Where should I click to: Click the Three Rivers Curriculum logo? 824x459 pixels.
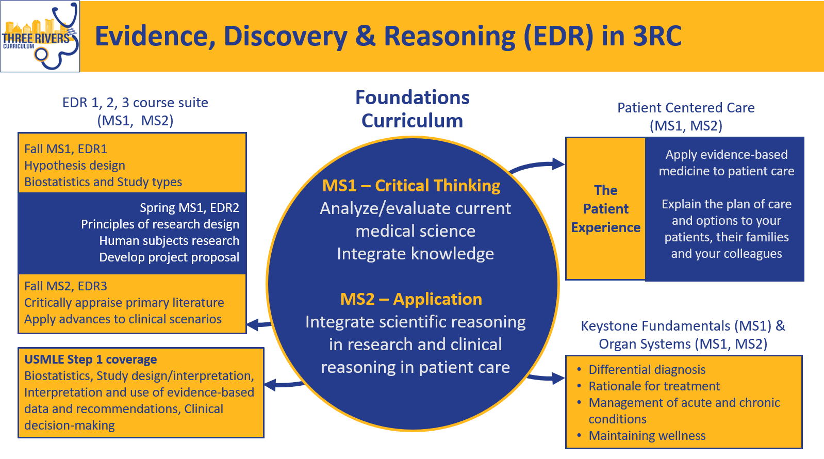coord(40,36)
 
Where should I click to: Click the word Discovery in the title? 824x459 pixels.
coord(285,37)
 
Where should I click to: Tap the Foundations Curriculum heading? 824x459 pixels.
coord(413,109)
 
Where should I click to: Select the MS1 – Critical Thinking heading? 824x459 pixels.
coord(411,186)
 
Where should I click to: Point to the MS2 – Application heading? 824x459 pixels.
coord(411,299)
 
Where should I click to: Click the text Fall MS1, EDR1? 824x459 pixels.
coord(65,149)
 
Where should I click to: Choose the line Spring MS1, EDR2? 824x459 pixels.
coord(189,208)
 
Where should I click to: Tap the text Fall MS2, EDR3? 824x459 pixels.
coord(65,286)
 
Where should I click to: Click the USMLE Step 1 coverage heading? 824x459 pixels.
coord(90,359)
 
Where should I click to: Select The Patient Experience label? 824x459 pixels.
coord(606,209)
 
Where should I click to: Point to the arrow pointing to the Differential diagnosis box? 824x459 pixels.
coord(546,378)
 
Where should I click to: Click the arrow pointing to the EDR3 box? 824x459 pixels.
coord(259,324)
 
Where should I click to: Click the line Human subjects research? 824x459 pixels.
coord(169,240)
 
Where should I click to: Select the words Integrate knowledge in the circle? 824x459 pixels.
coord(415,254)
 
